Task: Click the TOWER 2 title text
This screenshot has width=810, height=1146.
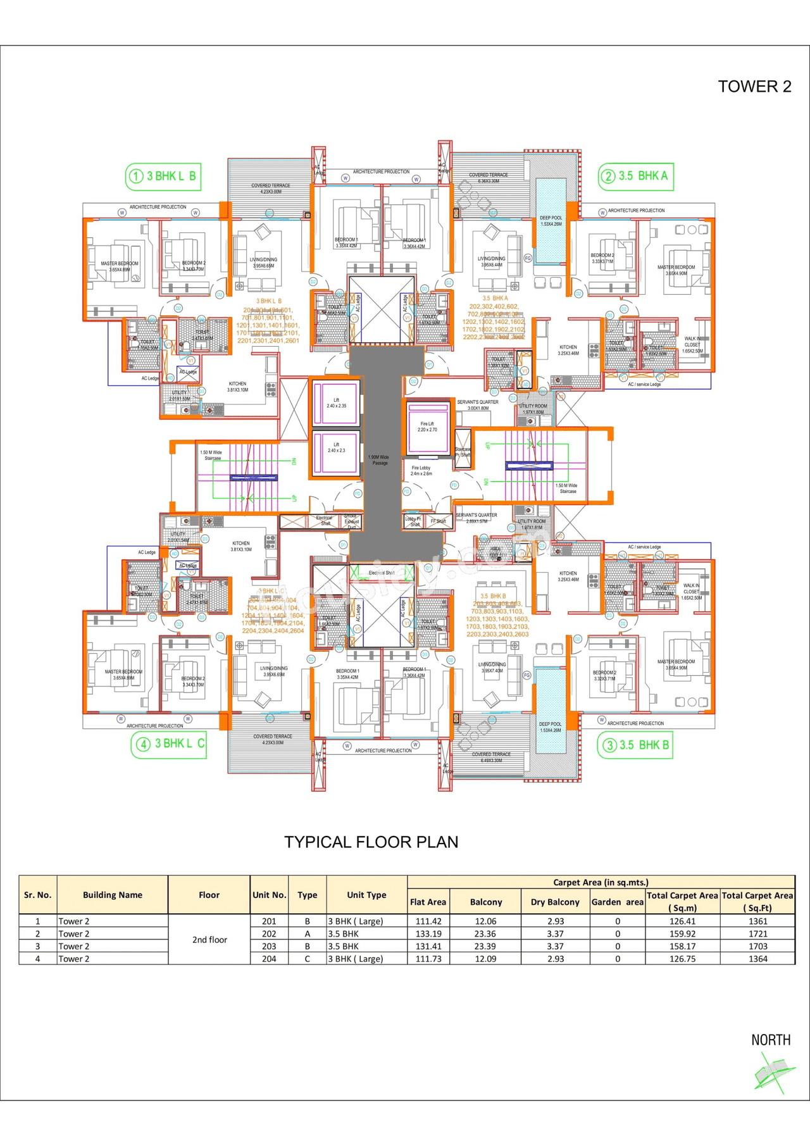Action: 754,87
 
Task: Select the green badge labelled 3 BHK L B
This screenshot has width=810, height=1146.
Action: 163,177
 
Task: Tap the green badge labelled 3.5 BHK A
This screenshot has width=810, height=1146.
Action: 635,177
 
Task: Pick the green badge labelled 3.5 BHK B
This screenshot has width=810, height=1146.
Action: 635,745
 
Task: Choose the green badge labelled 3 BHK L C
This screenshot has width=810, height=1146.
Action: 168,744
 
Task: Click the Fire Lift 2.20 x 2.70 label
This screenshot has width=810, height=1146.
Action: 427,427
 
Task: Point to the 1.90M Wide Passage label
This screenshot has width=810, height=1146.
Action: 378,460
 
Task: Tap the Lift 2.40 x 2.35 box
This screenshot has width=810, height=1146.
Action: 336,403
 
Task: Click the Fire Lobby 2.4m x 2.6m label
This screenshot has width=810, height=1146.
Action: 421,471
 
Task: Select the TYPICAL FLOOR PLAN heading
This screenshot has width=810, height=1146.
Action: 371,842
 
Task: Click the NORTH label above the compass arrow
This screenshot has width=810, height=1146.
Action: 771,1040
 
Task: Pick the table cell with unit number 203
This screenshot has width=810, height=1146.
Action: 269,946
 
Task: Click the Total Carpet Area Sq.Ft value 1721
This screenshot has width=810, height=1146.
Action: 757,933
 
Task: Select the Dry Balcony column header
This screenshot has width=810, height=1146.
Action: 554,902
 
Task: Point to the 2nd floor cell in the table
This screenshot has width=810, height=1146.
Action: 209,940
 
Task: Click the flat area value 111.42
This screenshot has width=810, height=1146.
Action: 428,921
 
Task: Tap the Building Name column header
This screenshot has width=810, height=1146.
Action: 112,895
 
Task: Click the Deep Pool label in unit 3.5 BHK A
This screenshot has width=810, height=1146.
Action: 551,221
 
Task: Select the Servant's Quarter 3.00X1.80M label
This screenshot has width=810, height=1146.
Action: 477,405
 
